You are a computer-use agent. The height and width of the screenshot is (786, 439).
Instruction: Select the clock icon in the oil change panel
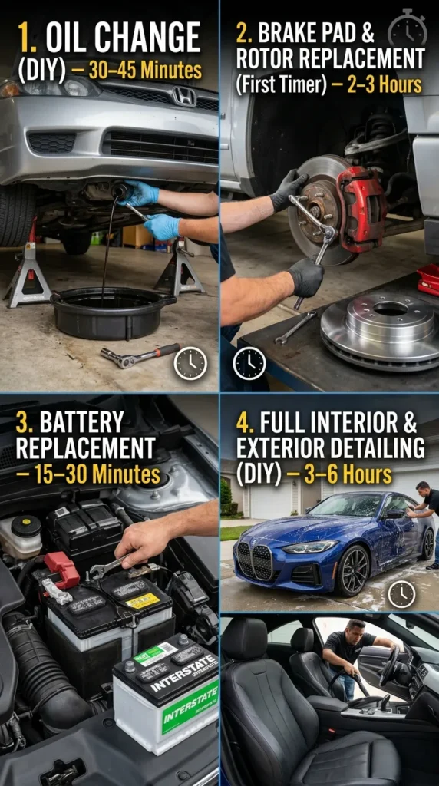point(190,362)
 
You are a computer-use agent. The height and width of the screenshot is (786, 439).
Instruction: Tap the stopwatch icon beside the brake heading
point(407,28)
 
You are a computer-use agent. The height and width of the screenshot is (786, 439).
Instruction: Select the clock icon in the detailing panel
point(401,593)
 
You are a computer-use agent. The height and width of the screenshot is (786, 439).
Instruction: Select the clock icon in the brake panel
point(249,362)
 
